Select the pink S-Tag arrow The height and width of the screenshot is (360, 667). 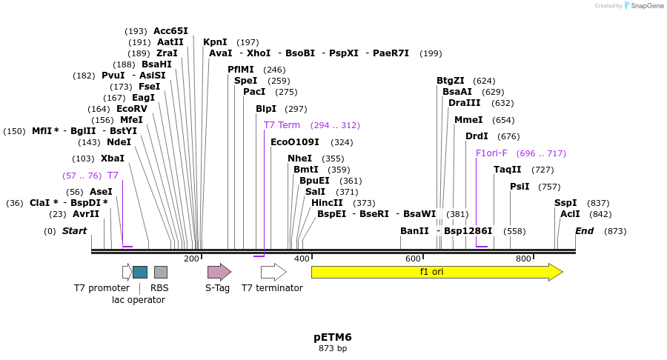pos(219,272)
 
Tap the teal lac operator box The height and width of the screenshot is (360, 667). pos(139,272)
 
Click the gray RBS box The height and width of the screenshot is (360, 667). pos(160,272)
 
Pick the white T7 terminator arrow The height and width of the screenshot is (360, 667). pos(273,272)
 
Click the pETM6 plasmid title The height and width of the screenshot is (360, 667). pos(333,337)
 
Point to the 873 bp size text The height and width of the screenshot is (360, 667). pos(333,348)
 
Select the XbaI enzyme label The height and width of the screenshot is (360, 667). pos(113,159)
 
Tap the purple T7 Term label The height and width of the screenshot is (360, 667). pos(282,125)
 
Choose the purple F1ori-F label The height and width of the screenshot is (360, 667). pos(491,153)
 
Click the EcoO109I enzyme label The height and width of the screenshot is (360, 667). pos(295,142)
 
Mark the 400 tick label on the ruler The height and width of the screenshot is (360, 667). pos(302,259)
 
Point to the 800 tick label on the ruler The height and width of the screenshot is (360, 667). pos(523,259)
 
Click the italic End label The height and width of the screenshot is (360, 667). pos(584,231)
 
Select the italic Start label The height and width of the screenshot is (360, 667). pos(74,231)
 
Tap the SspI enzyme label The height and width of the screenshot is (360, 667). pos(565,203)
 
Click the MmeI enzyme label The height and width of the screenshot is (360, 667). pos(468,120)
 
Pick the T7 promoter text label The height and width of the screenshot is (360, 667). pos(102,288)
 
